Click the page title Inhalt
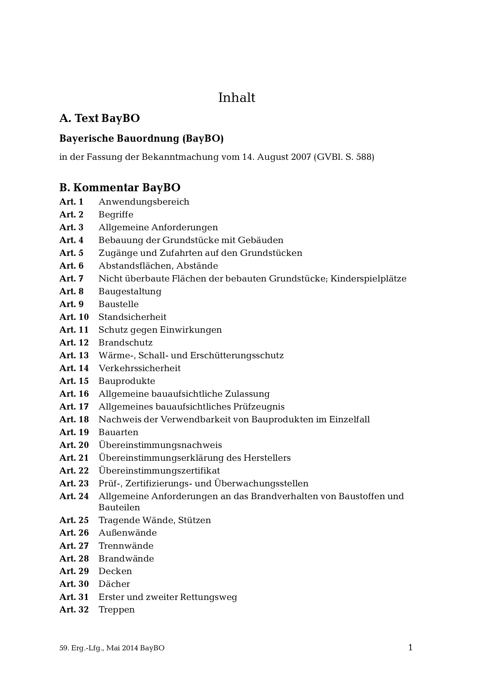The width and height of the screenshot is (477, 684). (237, 98)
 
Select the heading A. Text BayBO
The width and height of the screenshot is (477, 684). (99, 118)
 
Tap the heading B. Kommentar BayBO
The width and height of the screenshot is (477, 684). (120, 188)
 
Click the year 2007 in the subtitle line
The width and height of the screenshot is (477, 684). (301, 157)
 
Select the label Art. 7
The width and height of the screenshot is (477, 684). (72, 279)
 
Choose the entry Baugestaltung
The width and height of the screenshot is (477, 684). (130, 292)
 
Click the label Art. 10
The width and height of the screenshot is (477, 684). (74, 317)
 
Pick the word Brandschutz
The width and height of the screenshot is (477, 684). (125, 343)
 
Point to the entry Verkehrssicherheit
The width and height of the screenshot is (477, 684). (140, 369)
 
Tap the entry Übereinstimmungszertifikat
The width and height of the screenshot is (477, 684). (159, 471)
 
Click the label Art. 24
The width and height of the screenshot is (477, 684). (74, 497)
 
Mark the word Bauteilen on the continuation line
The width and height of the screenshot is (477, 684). (119, 508)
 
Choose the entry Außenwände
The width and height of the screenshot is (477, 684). (128, 533)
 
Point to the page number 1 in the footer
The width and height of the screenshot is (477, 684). (410, 648)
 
